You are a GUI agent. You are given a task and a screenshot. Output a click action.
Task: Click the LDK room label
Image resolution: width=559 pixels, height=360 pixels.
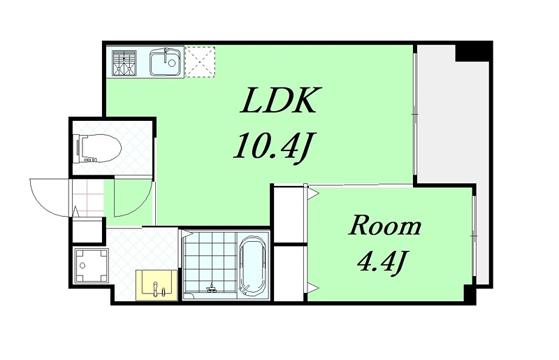click(x=278, y=100)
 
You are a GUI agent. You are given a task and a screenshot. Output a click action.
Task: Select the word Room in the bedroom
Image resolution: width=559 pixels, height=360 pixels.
click(x=384, y=226)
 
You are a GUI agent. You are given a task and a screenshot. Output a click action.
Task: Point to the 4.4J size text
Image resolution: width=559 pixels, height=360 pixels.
click(x=382, y=261)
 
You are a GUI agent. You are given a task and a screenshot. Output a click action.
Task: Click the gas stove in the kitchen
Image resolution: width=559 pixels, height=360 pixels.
click(x=124, y=63)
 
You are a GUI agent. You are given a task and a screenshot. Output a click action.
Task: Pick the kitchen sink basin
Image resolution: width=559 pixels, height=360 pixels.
click(x=166, y=63)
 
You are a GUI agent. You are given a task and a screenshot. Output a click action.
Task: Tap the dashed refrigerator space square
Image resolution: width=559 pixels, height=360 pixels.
click(x=200, y=62)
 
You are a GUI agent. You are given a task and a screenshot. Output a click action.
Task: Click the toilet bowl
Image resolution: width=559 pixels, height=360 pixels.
click(x=97, y=148)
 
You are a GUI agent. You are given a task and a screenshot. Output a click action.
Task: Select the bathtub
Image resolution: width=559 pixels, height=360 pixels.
click(x=252, y=265)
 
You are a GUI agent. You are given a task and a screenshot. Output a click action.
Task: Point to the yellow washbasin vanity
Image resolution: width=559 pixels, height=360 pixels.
click(x=157, y=285)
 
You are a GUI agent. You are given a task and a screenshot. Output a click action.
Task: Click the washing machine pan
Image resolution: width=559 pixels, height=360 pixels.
click(x=92, y=265)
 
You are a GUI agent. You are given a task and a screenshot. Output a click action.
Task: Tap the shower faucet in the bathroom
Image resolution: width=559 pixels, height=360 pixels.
click(x=212, y=289)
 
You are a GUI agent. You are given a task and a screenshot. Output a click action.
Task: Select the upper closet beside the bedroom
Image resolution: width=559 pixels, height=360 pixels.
click(x=289, y=215)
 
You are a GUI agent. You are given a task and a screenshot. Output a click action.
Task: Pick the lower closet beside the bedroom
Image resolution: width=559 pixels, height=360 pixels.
click(x=289, y=273)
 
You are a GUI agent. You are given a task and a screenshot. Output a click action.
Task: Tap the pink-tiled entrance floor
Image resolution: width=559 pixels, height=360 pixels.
click(x=88, y=198)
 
